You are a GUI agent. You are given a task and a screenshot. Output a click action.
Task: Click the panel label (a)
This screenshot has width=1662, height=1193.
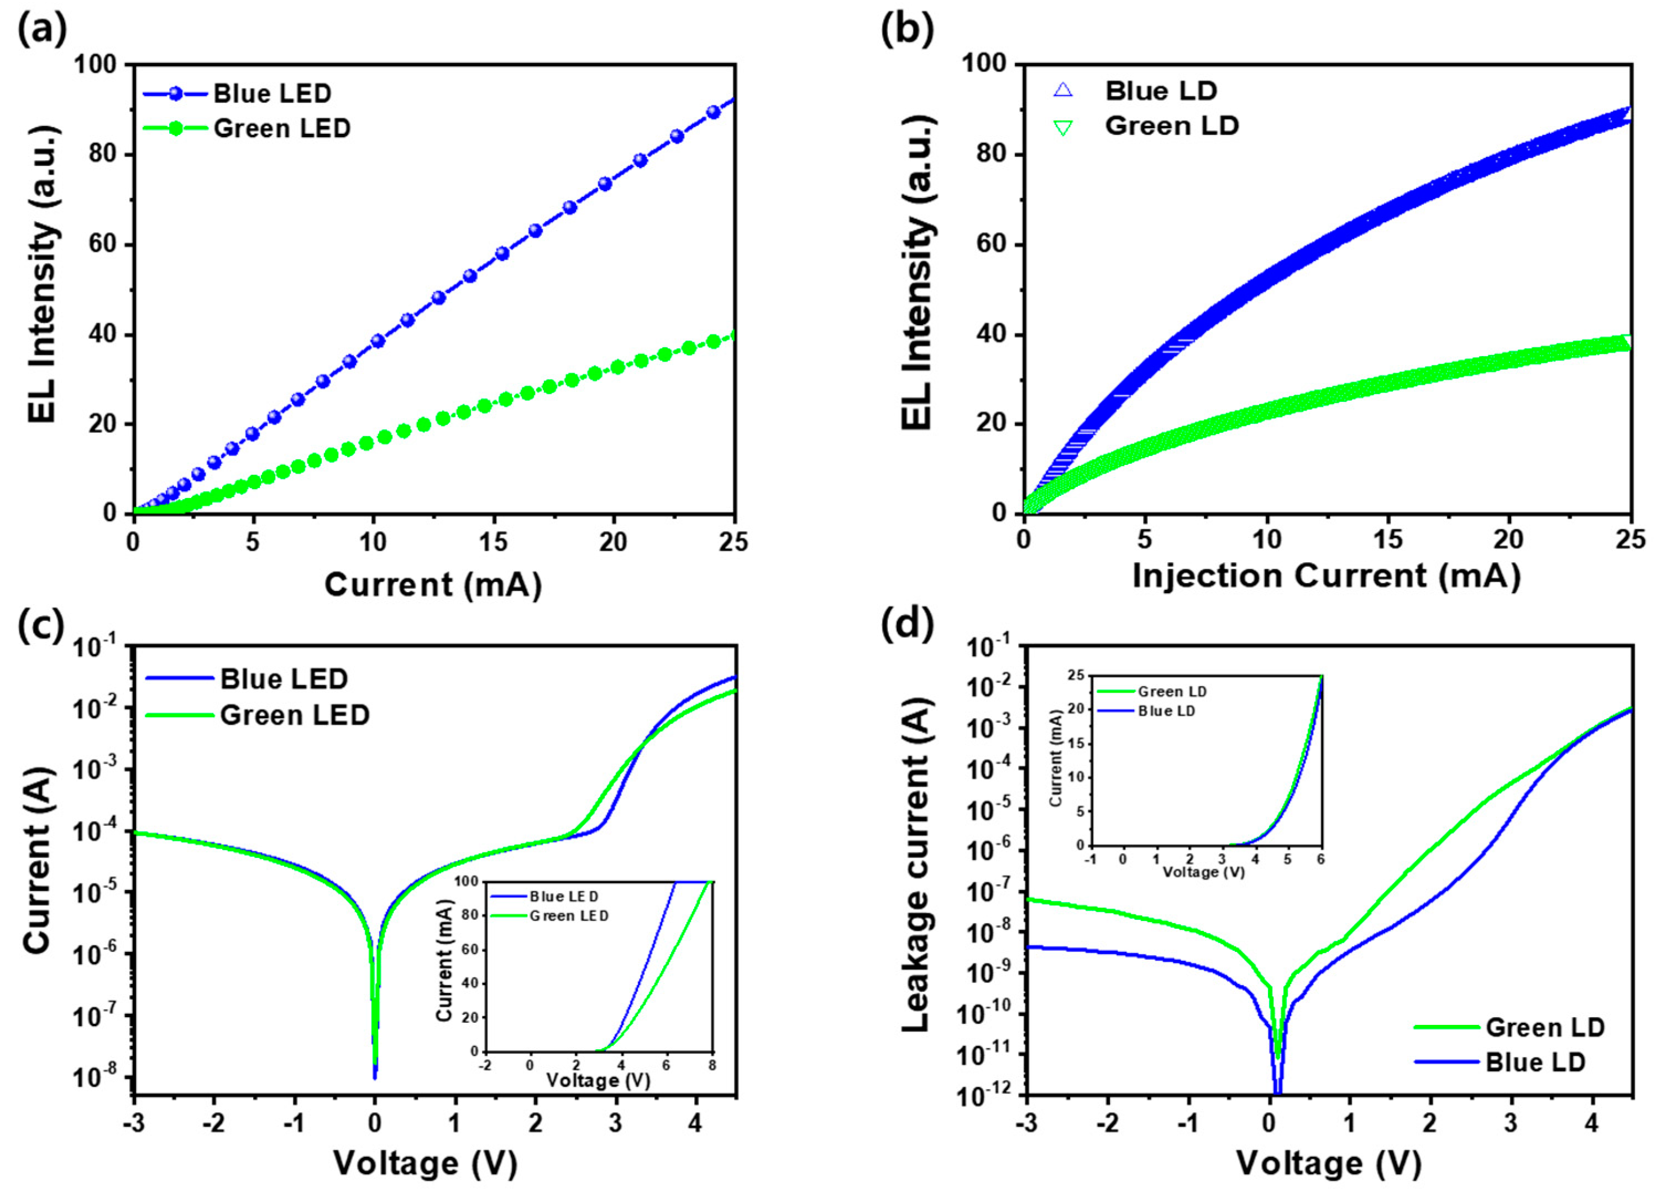pyautogui.click(x=42, y=29)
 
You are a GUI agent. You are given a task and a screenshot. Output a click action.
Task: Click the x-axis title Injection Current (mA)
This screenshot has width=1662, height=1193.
pyautogui.click(x=1327, y=575)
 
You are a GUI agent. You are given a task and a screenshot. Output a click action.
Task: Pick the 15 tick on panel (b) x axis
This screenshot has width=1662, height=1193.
pyautogui.click(x=1387, y=540)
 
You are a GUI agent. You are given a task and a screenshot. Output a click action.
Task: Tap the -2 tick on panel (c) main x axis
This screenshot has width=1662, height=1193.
pyautogui.click(x=214, y=1123)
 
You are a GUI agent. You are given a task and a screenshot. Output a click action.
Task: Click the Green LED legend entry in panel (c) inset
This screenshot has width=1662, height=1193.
pyautogui.click(x=568, y=916)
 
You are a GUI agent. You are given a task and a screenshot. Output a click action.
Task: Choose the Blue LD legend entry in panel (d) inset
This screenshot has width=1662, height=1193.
pyautogui.click(x=1166, y=711)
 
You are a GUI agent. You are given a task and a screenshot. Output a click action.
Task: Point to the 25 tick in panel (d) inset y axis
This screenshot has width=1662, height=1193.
pyautogui.click(x=1076, y=676)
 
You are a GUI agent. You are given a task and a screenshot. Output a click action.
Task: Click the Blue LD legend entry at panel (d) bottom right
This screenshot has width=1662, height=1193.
pyautogui.click(x=1534, y=1062)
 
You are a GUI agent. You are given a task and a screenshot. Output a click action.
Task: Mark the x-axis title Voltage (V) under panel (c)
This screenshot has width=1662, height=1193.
pyautogui.click(x=425, y=1163)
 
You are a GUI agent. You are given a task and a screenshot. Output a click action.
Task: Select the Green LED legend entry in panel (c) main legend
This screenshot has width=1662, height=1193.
pyautogui.click(x=295, y=714)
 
